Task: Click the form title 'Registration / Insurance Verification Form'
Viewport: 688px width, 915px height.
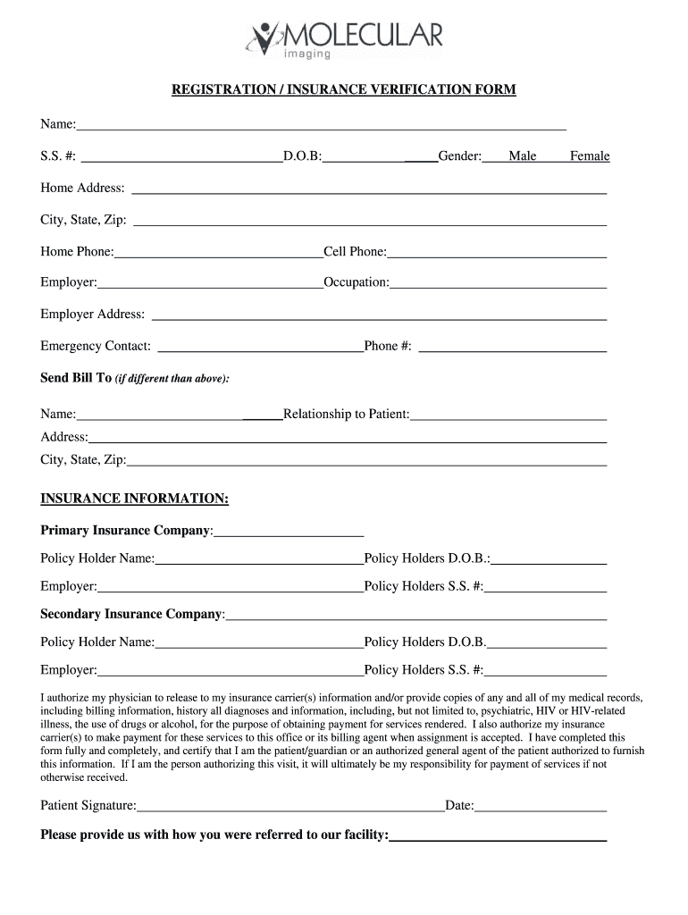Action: (344, 90)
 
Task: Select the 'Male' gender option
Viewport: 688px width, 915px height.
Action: (523, 156)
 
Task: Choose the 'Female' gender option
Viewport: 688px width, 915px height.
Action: (590, 156)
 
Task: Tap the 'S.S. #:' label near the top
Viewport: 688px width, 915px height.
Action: (58, 156)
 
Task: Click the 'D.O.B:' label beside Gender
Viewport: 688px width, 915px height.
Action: (302, 156)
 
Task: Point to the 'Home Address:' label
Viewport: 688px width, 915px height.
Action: (82, 189)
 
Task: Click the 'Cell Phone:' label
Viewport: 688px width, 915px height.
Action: (355, 252)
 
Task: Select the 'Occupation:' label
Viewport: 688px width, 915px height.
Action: (357, 282)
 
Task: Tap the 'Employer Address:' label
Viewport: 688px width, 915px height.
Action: (92, 315)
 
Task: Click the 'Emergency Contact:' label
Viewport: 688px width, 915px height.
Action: (96, 346)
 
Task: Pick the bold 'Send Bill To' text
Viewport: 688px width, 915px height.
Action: (76, 378)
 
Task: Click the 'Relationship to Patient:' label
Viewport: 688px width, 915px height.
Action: (346, 414)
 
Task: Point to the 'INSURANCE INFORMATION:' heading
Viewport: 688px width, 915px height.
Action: (134, 498)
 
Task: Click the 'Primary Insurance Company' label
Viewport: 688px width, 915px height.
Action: (126, 531)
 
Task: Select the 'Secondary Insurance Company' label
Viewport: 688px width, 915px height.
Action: (132, 614)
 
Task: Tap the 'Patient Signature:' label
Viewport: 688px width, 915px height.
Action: (88, 806)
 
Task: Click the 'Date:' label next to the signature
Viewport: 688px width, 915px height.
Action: (459, 806)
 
